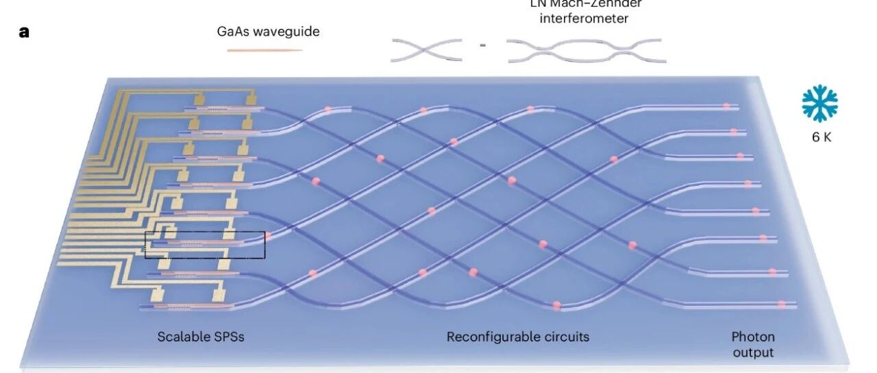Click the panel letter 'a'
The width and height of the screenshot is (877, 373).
(25, 32)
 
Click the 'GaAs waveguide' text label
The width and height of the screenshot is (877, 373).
(264, 32)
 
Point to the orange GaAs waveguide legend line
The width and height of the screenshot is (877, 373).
(264, 50)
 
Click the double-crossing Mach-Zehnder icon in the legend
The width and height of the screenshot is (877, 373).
(586, 50)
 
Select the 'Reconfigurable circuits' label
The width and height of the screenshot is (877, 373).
(518, 337)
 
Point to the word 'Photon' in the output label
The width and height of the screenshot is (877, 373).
(753, 337)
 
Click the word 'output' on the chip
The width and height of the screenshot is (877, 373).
(753, 352)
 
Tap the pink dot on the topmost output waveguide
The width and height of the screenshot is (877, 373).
(726, 106)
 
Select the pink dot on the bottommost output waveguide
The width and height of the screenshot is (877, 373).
(781, 304)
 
